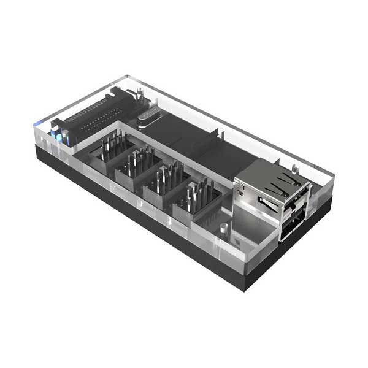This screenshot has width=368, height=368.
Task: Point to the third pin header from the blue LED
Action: (x=164, y=182)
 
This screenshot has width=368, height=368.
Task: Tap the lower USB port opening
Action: (x=292, y=226)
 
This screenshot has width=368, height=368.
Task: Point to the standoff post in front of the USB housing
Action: (x=223, y=228)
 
